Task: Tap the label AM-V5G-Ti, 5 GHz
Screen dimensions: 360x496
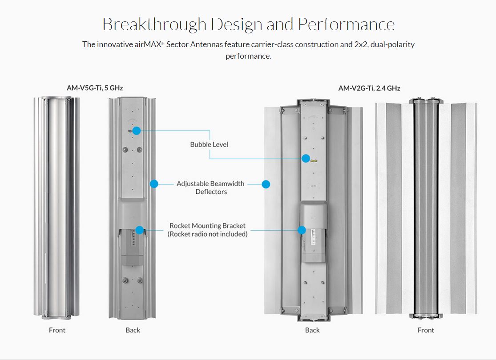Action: coord(95,88)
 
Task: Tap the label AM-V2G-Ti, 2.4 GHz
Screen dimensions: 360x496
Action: coord(369,88)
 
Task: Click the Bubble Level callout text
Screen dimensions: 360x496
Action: coord(209,144)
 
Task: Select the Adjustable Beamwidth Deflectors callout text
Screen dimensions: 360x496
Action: coord(210,188)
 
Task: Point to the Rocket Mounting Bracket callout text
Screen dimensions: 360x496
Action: coord(207,226)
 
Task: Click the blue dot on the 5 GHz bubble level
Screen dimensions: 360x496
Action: coord(136,131)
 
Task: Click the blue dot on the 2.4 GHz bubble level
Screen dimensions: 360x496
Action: coord(306,158)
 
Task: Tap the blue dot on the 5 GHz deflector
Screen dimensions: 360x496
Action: coord(154,184)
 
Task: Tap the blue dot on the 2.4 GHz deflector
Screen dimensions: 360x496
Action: coord(266,184)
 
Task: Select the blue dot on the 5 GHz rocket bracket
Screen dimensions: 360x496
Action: coord(139,230)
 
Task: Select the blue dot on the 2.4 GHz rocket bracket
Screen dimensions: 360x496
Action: coord(302,230)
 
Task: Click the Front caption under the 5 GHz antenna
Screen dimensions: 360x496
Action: coord(57,330)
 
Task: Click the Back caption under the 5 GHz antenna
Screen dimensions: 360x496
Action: coord(133,330)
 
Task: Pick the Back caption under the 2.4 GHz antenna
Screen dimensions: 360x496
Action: coord(312,330)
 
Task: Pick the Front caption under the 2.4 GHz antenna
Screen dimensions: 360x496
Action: coord(426,330)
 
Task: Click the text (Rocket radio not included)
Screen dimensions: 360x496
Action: coord(207,234)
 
